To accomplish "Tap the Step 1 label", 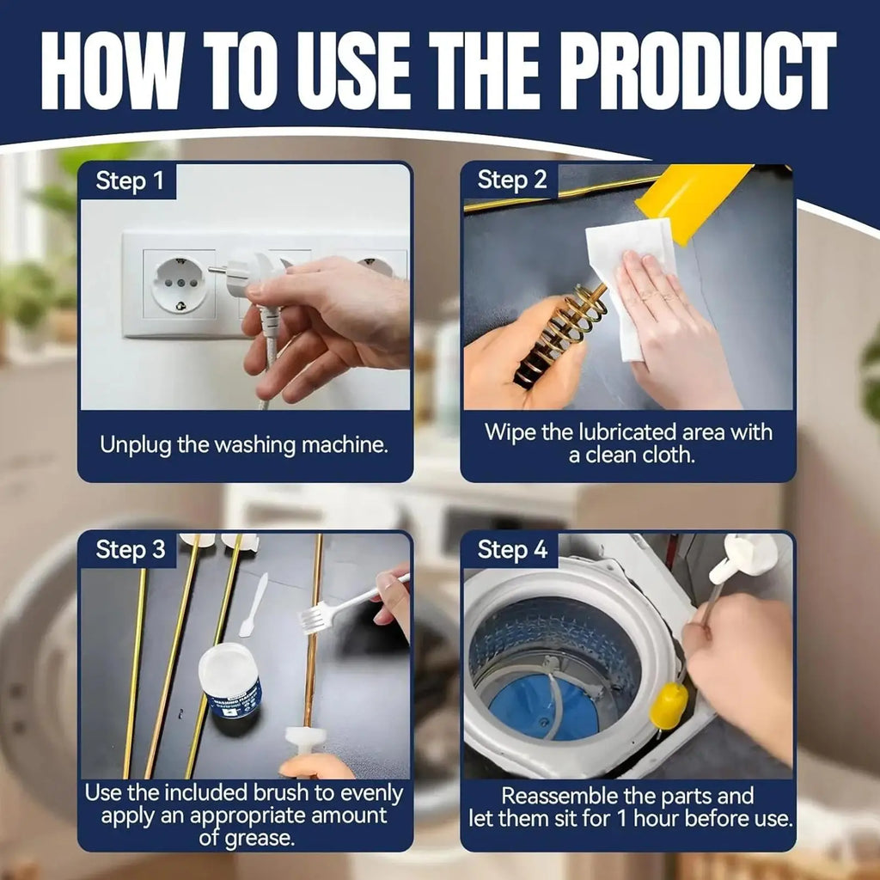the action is click(x=130, y=181).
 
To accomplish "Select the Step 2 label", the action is click(x=512, y=180).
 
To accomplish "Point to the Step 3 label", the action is click(x=131, y=549).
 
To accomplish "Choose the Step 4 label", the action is click(x=512, y=549).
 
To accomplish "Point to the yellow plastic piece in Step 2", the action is click(x=694, y=201).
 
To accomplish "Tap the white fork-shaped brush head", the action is click(x=315, y=620).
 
